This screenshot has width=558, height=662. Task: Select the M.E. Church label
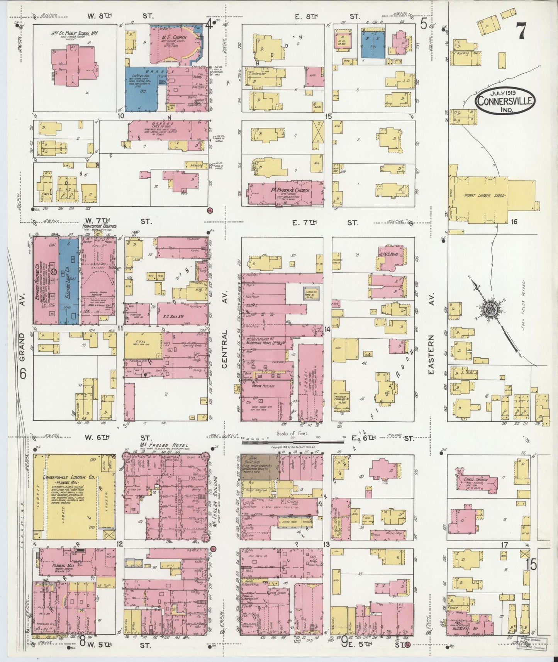pyautogui.click(x=174, y=38)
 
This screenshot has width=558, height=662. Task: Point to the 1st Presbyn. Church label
pyautogui.click(x=285, y=190)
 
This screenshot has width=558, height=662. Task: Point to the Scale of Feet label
pyautogui.click(x=291, y=433)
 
